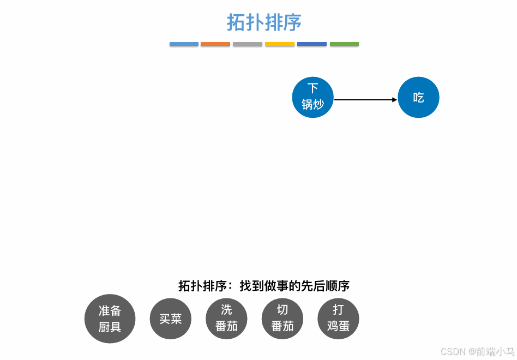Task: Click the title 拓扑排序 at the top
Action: [264, 23]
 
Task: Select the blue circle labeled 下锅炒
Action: [312, 97]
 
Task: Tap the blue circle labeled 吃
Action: [418, 98]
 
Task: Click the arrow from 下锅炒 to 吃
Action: [364, 100]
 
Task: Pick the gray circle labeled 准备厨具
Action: [110, 319]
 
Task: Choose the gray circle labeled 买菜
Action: [170, 319]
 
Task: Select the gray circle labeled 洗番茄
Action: [226, 319]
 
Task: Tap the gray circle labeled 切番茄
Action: [282, 319]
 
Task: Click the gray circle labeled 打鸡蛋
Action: [338, 319]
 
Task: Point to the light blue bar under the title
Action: [184, 44]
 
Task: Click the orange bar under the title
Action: [215, 44]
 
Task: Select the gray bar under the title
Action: [248, 44]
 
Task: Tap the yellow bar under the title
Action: [280, 44]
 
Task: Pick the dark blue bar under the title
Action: [312, 44]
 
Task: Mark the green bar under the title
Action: [344, 44]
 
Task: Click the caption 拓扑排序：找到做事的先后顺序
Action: [264, 286]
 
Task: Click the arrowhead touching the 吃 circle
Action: [394, 100]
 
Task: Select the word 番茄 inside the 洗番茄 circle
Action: [226, 326]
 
